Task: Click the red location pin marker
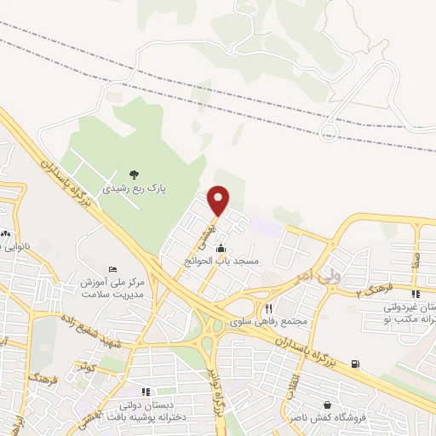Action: point(219,199)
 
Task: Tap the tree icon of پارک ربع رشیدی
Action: point(133,173)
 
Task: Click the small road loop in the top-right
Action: point(327,131)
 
